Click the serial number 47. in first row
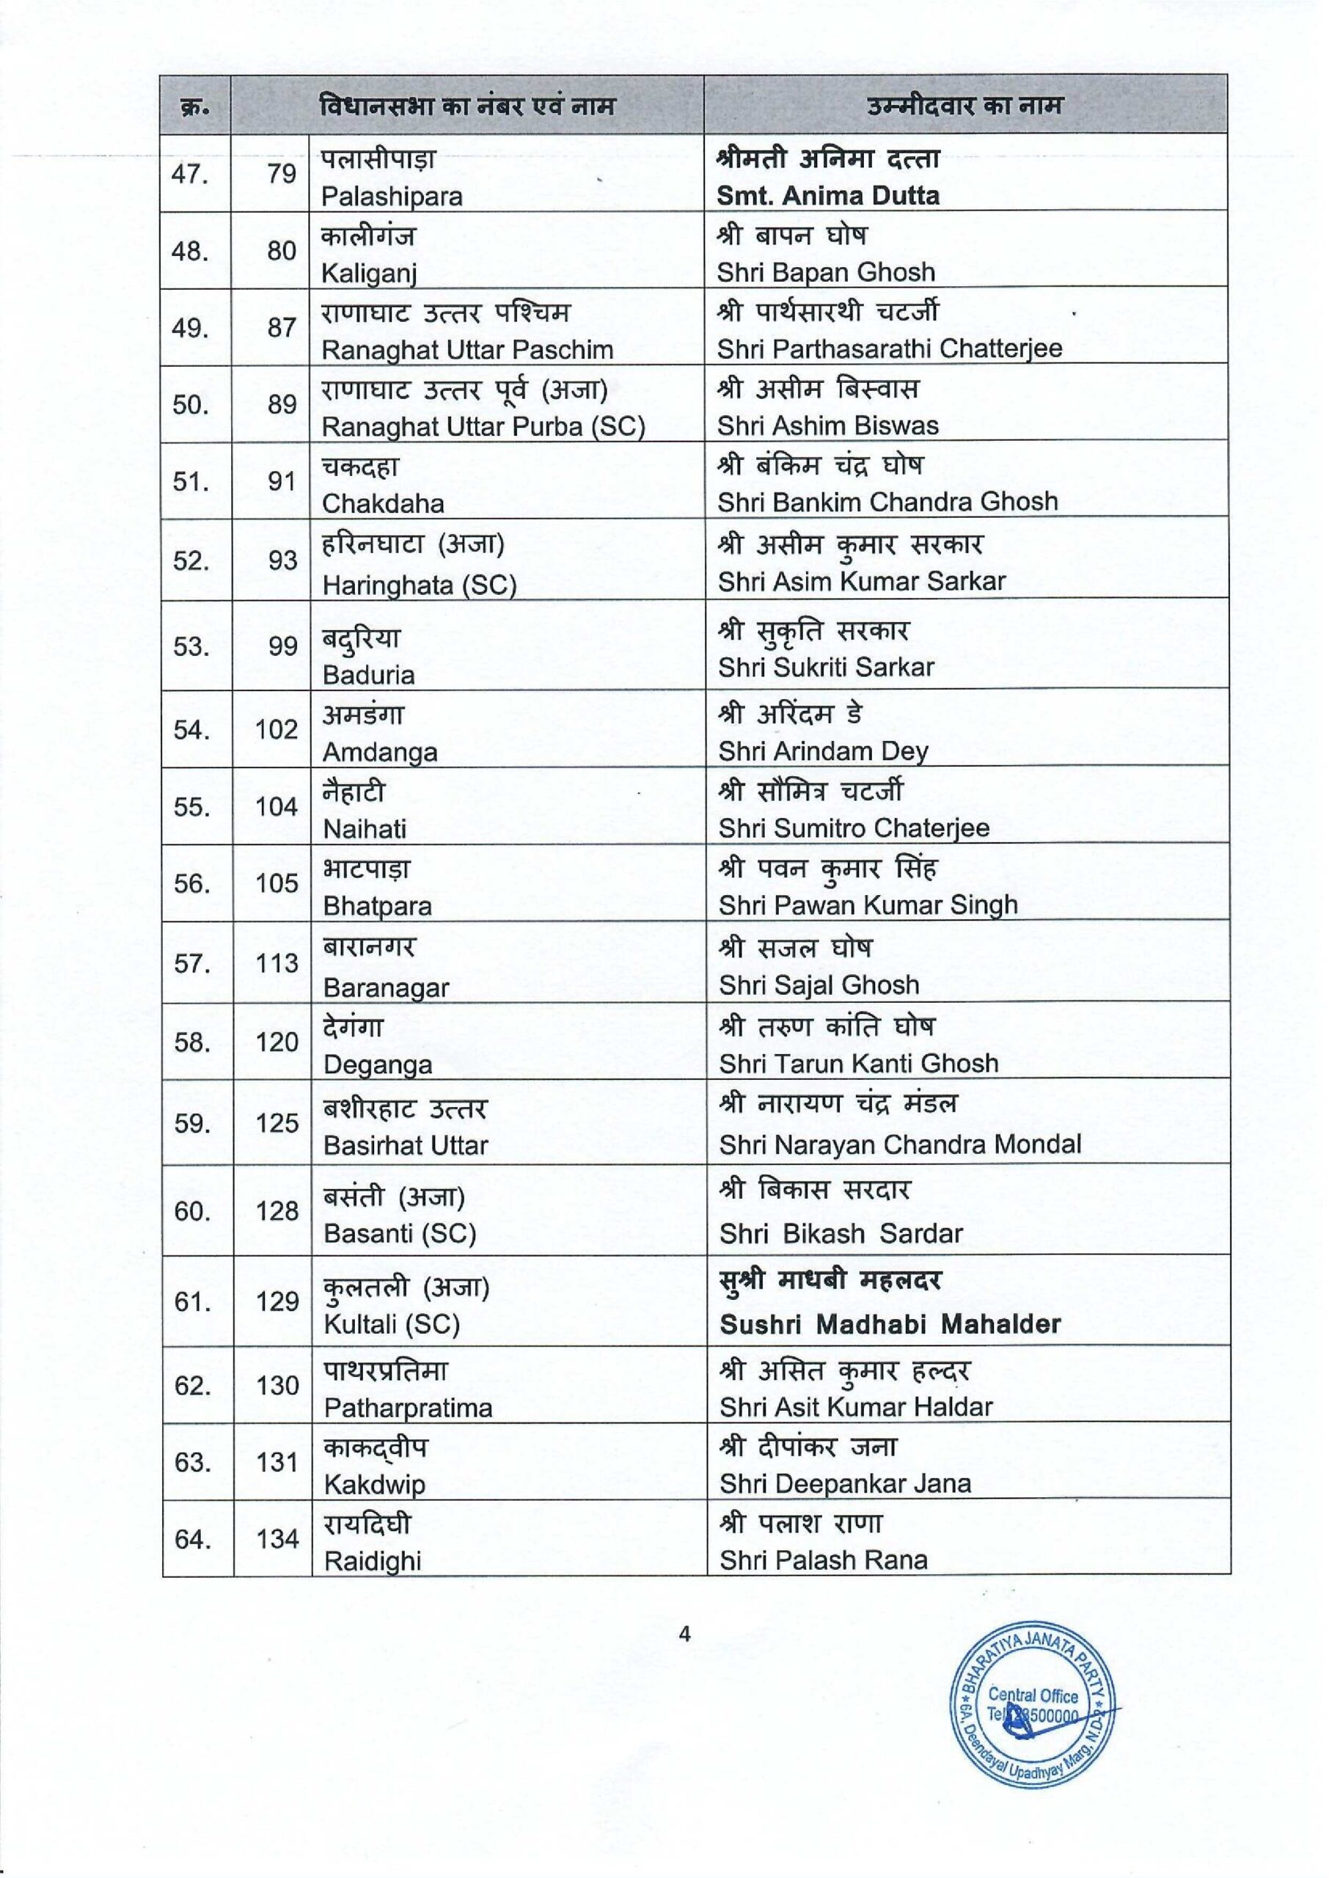[190, 175]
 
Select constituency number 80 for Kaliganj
[282, 250]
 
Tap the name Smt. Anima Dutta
[827, 196]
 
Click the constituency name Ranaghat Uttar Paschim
[466, 349]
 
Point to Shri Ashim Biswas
[827, 425]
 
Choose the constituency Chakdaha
[383, 503]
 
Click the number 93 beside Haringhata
[282, 560]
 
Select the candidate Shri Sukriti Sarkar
[826, 667]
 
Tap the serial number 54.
[191, 729]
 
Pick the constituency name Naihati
[365, 829]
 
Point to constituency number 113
[277, 963]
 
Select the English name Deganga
[378, 1064]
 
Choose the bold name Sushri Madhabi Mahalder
[890, 1324]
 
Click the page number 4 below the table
[685, 1634]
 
